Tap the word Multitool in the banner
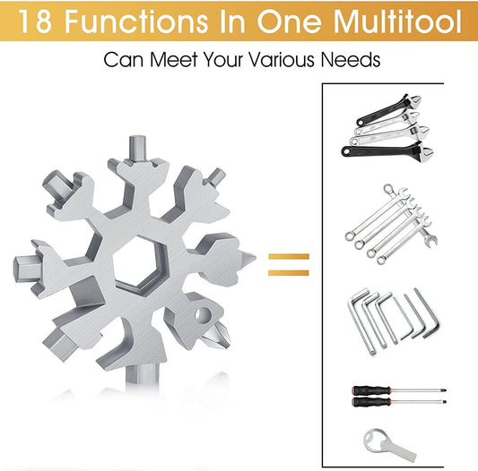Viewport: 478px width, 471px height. pyautogui.click(x=397, y=21)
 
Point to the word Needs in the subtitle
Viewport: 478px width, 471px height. pyautogui.click(x=351, y=59)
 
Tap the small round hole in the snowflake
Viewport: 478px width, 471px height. pyautogui.click(x=203, y=314)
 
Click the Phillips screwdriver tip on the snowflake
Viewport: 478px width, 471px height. pyautogui.click(x=217, y=337)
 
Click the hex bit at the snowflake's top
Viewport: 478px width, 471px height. pyautogui.click(x=138, y=149)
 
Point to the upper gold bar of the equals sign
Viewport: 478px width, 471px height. pyautogui.click(x=289, y=256)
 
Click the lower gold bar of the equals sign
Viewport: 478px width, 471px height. pyautogui.click(x=289, y=272)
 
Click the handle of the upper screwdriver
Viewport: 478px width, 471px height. pyautogui.click(x=371, y=390)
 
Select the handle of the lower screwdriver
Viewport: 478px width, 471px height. pyautogui.click(x=371, y=402)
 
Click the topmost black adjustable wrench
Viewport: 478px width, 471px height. pyautogui.click(x=387, y=110)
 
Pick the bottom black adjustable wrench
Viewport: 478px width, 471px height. pyautogui.click(x=387, y=150)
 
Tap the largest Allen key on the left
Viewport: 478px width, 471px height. pyautogui.click(x=361, y=322)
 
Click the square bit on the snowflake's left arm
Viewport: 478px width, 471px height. pyautogui.click(x=27, y=269)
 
